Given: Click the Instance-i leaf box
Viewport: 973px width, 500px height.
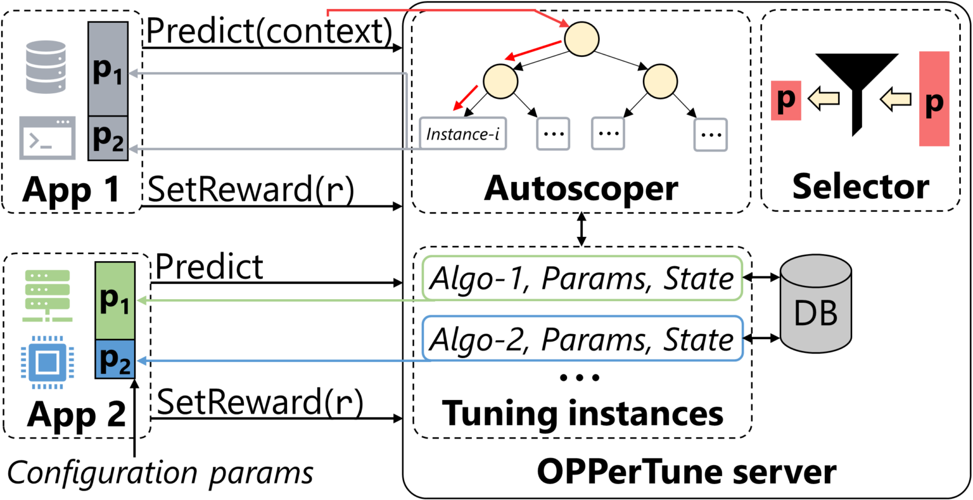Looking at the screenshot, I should [x=463, y=134].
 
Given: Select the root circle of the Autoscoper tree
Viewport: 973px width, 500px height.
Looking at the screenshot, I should [x=582, y=39].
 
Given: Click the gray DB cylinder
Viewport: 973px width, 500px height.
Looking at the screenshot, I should [x=816, y=305].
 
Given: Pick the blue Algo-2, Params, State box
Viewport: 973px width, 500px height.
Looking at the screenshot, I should [x=581, y=339].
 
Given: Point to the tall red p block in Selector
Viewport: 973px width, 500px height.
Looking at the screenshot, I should [x=934, y=99].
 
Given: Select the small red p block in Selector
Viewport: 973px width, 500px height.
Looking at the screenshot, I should [x=785, y=99].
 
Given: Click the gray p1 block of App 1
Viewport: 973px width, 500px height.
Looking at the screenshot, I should [x=108, y=69].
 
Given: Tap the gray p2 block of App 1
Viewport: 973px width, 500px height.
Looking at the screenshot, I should [x=108, y=138].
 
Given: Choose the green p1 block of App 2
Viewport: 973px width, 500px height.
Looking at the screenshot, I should [x=115, y=300].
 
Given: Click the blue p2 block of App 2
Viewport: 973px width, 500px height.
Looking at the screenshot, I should [x=115, y=359].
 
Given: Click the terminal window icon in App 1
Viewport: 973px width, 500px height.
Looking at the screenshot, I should [x=47, y=138].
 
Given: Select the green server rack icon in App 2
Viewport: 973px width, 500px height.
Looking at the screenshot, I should [x=48, y=295].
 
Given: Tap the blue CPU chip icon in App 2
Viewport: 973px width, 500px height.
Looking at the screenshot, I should [x=48, y=362].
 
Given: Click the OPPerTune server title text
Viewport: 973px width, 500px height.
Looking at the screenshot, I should [x=687, y=471].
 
